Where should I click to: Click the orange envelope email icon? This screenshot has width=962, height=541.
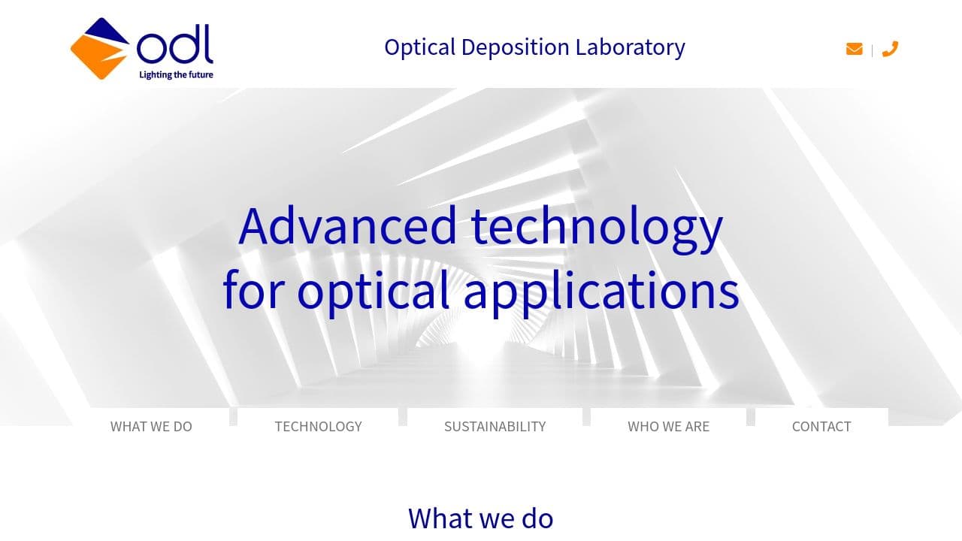(854, 49)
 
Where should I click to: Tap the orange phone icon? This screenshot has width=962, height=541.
(890, 49)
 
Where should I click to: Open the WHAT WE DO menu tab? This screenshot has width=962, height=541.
(151, 426)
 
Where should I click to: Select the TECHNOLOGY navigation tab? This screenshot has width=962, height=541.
(318, 426)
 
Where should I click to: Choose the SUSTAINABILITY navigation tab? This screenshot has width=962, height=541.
(495, 426)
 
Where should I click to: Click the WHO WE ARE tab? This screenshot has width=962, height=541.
(668, 426)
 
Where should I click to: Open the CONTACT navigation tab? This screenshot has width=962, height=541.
(821, 426)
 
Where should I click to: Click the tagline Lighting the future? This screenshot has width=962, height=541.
(176, 74)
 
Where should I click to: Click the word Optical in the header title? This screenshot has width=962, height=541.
(419, 47)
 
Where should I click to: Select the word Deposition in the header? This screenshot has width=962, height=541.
(516, 47)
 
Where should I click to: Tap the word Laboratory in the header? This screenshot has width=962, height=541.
(630, 47)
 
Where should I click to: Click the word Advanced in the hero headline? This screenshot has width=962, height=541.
(347, 225)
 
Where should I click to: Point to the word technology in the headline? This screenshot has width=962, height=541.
(597, 225)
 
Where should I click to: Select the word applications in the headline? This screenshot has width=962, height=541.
(601, 291)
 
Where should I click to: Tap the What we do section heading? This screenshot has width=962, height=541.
(481, 518)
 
